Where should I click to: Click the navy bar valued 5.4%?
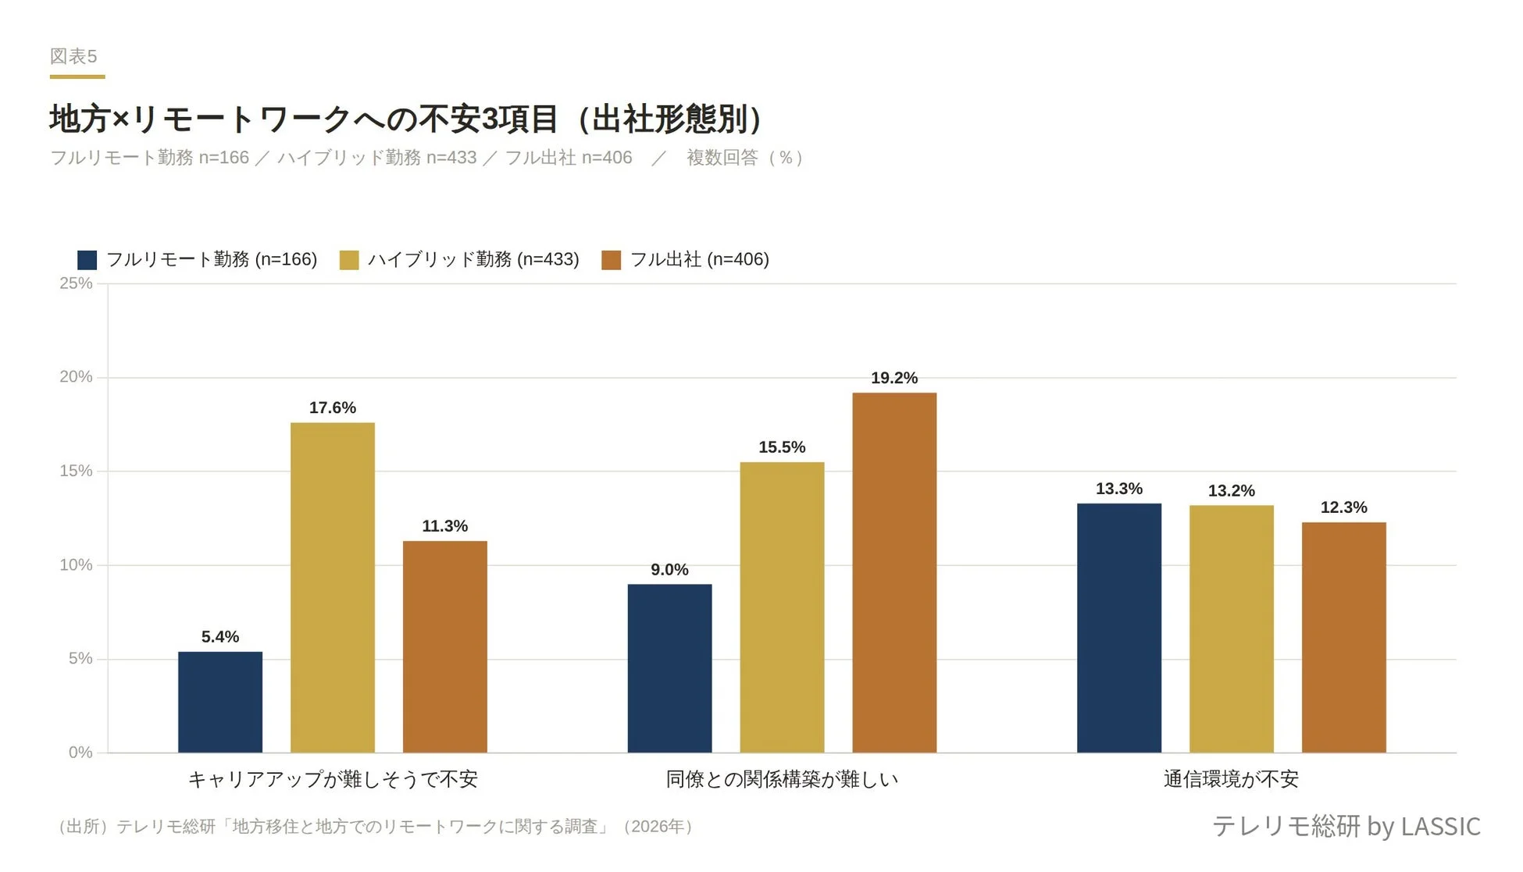click(220, 702)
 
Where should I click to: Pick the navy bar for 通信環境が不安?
click(1118, 628)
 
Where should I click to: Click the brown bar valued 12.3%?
click(1343, 637)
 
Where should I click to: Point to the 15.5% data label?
click(782, 447)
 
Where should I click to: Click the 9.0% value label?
click(669, 570)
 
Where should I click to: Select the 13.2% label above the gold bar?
click(1231, 491)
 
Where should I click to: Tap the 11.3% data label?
click(444, 526)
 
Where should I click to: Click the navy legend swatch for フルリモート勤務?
click(87, 260)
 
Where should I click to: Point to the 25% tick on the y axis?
click(76, 283)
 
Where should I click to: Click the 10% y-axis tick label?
click(76, 564)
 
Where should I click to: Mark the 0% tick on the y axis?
click(80, 753)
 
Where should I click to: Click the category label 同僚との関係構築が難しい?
click(782, 779)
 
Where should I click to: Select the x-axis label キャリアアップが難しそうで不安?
click(333, 779)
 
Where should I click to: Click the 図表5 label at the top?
click(73, 56)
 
